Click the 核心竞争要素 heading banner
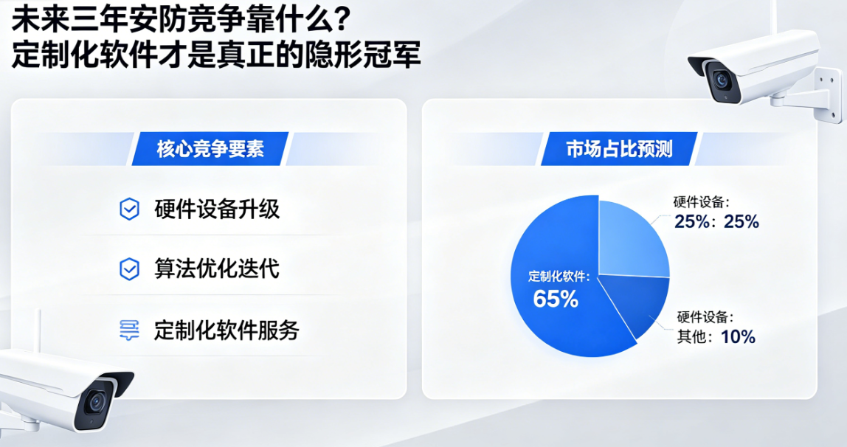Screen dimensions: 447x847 click(210, 150)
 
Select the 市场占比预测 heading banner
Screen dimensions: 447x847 click(619, 150)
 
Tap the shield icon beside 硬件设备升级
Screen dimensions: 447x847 click(129, 209)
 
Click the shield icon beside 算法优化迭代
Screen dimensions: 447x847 click(129, 269)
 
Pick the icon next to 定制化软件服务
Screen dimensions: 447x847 click(129, 330)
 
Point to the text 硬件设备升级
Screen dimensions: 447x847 click(217, 209)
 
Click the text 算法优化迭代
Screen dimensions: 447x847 click(217, 268)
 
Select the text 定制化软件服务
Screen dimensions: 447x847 click(227, 330)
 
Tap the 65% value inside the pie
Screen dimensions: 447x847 click(556, 299)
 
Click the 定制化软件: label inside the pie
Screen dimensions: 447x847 click(559, 277)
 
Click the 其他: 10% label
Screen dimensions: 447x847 click(716, 337)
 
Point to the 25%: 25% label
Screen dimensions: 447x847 click(716, 221)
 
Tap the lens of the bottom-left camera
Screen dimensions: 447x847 click(94, 402)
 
